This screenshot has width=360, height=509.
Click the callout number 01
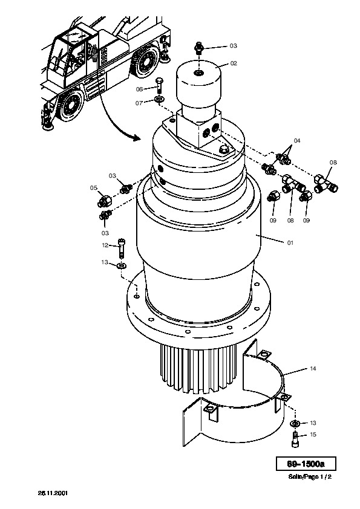point(290,242)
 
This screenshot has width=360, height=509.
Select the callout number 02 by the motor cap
point(234,63)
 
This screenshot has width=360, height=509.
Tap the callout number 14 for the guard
point(313,368)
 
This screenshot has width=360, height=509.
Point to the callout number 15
point(313,434)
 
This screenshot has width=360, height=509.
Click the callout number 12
point(105,245)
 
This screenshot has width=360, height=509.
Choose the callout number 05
point(94,187)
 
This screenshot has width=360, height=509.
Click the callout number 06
point(139,89)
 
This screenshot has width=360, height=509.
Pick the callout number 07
point(139,103)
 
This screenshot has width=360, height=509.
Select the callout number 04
point(297,141)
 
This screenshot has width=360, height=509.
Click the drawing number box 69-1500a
point(306,464)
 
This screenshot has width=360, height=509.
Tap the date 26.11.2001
point(53,493)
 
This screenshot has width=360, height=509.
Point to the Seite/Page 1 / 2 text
point(310,477)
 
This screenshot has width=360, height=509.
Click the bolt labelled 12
point(122,248)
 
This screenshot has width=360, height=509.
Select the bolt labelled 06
point(159,85)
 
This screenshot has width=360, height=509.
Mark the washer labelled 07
point(159,99)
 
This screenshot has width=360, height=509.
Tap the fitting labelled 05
point(104,201)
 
